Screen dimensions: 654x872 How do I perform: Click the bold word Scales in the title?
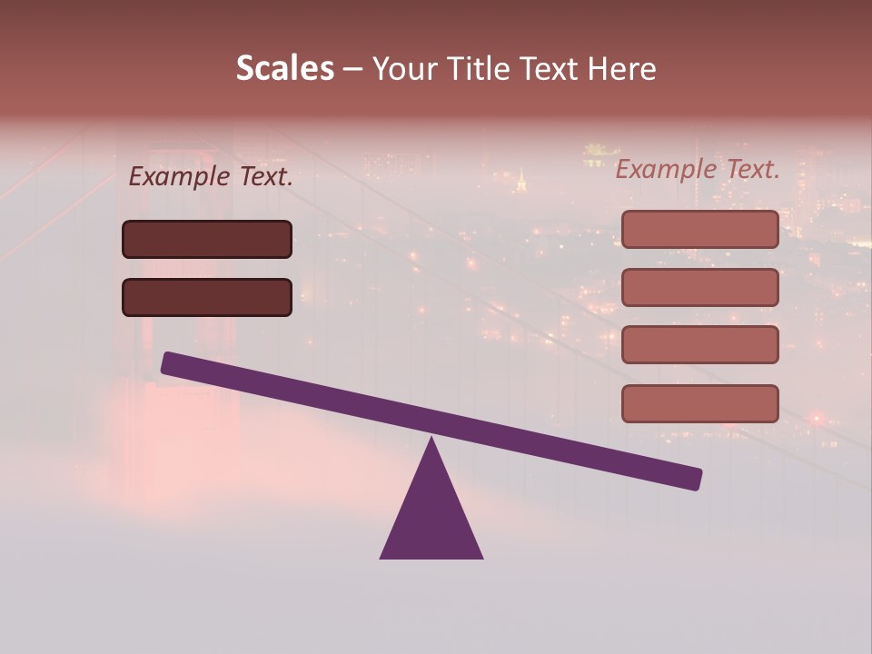284,69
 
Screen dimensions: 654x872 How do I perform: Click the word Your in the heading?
404,69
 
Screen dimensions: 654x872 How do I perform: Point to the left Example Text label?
211,177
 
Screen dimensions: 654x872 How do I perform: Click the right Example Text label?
698,169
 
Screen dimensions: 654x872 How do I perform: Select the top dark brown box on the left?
207,239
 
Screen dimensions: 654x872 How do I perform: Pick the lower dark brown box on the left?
207,297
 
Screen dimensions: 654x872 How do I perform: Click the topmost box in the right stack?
699,229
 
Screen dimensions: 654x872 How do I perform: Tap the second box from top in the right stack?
699,287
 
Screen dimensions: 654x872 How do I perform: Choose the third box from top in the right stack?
699,344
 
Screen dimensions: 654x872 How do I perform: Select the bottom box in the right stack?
699,403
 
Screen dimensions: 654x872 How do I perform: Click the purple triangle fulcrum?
431,513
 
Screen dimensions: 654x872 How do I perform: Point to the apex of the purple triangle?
431,440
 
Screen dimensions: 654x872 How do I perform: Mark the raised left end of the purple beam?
169,362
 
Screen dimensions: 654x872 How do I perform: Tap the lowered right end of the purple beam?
694,479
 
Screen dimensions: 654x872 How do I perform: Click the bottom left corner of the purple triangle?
381,557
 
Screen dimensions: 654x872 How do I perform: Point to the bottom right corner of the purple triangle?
481,557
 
